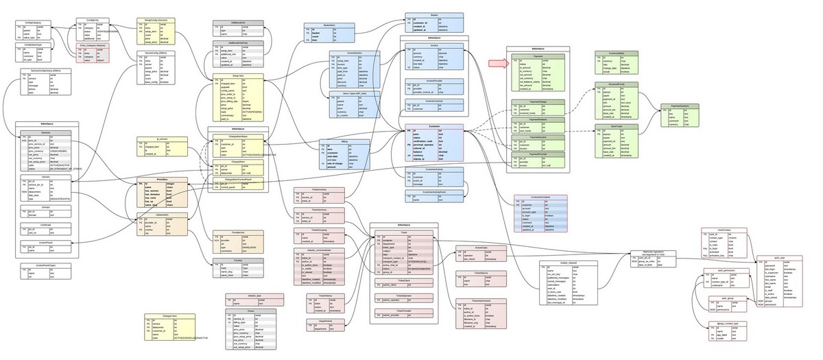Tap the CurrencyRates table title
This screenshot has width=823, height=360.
point(615,52)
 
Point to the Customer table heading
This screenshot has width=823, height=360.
point(432,126)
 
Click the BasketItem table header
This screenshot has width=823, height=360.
point(320,25)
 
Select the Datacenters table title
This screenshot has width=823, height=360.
point(162,215)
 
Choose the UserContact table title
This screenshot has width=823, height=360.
point(724,230)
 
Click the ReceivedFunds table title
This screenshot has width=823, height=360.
point(615,84)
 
